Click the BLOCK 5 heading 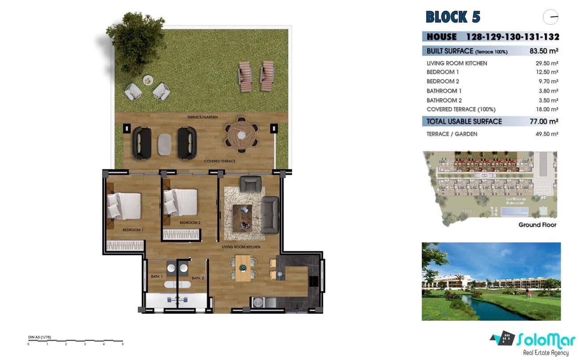(x=453, y=17)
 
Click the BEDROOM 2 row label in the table (x=443, y=82)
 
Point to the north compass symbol (x=550, y=17)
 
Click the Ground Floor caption (x=537, y=225)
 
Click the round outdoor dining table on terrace (x=241, y=133)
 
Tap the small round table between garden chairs (x=148, y=80)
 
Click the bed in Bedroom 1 (x=124, y=205)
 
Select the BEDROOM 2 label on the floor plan (x=190, y=222)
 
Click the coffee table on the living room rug (x=242, y=216)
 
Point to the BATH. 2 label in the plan (x=198, y=278)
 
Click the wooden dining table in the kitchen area (x=243, y=268)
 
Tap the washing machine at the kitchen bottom (x=257, y=303)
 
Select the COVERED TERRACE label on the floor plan (x=219, y=161)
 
